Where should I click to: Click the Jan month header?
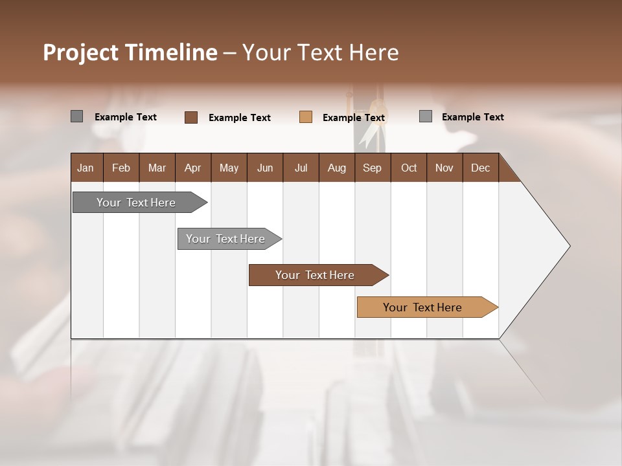[86, 168]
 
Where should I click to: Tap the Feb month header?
[121, 168]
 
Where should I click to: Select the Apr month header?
[192, 168]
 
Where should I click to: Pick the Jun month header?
[265, 168]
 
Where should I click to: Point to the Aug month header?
[336, 168]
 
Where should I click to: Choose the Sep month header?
[372, 168]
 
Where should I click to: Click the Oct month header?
[409, 168]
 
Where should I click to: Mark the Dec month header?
[480, 168]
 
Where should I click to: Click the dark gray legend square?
[76, 116]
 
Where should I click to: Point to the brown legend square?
[190, 117]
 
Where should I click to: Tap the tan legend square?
[306, 117]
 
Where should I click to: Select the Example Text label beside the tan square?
[353, 118]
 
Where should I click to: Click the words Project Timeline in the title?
[130, 52]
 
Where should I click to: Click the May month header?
[229, 168]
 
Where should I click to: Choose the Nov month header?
[444, 168]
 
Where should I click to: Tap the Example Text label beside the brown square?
[239, 118]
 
